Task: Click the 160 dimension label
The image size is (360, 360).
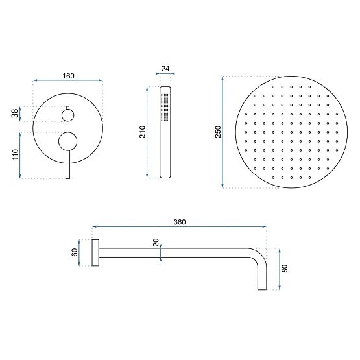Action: click(x=68, y=76)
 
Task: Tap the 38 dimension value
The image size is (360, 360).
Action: click(x=14, y=114)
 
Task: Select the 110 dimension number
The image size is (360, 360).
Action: click(x=14, y=155)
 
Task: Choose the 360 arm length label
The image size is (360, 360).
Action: click(x=180, y=222)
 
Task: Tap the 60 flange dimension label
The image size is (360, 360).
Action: click(x=75, y=252)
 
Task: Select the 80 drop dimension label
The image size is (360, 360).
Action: click(x=284, y=268)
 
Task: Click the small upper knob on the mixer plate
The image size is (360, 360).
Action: click(x=67, y=115)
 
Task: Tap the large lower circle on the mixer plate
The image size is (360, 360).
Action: click(x=67, y=141)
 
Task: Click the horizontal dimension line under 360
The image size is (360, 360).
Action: click(x=180, y=228)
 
